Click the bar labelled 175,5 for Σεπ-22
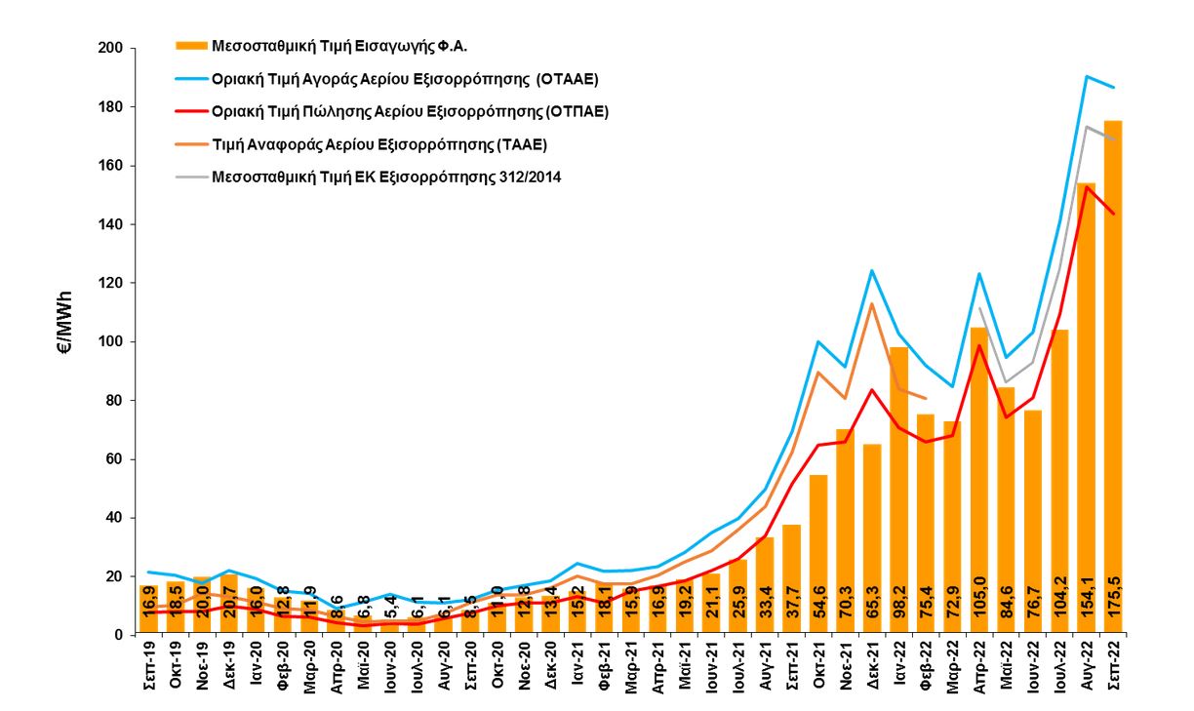tap(1113, 390)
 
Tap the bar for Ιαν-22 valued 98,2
tap(898, 488)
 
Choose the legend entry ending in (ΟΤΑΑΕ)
tap(405, 78)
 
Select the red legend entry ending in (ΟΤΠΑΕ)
tap(410, 111)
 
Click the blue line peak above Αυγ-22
tap(1086, 76)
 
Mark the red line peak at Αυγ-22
tap(1086, 186)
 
